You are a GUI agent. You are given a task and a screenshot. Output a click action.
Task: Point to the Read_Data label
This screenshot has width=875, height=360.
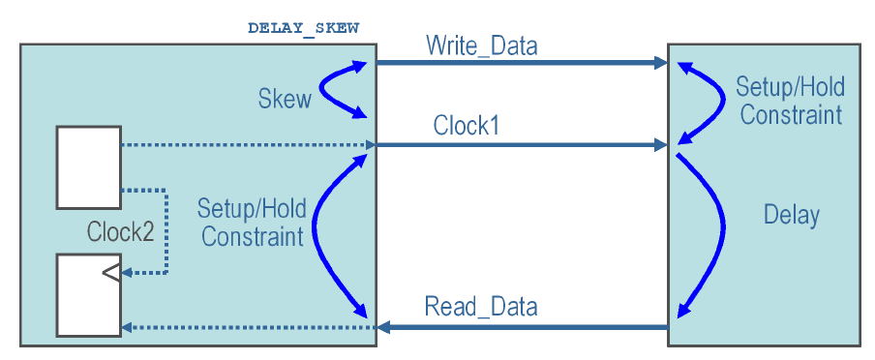click(x=481, y=308)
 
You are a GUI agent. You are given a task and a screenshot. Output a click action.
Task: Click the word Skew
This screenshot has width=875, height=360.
click(x=285, y=99)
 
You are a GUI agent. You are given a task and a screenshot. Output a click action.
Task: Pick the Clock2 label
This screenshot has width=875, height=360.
click(x=120, y=232)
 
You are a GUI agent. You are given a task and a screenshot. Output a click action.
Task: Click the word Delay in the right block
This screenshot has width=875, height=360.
click(x=791, y=215)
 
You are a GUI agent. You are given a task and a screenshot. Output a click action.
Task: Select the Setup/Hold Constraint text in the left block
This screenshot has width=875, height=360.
click(x=252, y=222)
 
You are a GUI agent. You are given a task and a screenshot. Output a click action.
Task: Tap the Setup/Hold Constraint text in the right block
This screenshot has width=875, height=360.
click(x=790, y=101)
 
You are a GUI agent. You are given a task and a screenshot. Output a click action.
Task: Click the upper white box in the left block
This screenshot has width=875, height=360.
click(x=88, y=166)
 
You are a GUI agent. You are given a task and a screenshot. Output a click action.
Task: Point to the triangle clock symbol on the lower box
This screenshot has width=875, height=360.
click(x=112, y=273)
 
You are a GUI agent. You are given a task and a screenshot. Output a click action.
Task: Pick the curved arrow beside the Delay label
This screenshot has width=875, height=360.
click(x=717, y=232)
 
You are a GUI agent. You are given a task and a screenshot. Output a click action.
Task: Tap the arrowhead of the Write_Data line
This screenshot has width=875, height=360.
click(x=661, y=63)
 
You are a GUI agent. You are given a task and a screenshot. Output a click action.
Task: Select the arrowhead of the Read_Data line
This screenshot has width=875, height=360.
click(x=384, y=327)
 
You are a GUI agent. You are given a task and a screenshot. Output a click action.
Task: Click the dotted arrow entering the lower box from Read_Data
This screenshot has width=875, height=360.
click(x=242, y=327)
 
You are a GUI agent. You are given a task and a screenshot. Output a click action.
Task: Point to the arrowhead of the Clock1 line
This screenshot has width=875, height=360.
click(x=661, y=145)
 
